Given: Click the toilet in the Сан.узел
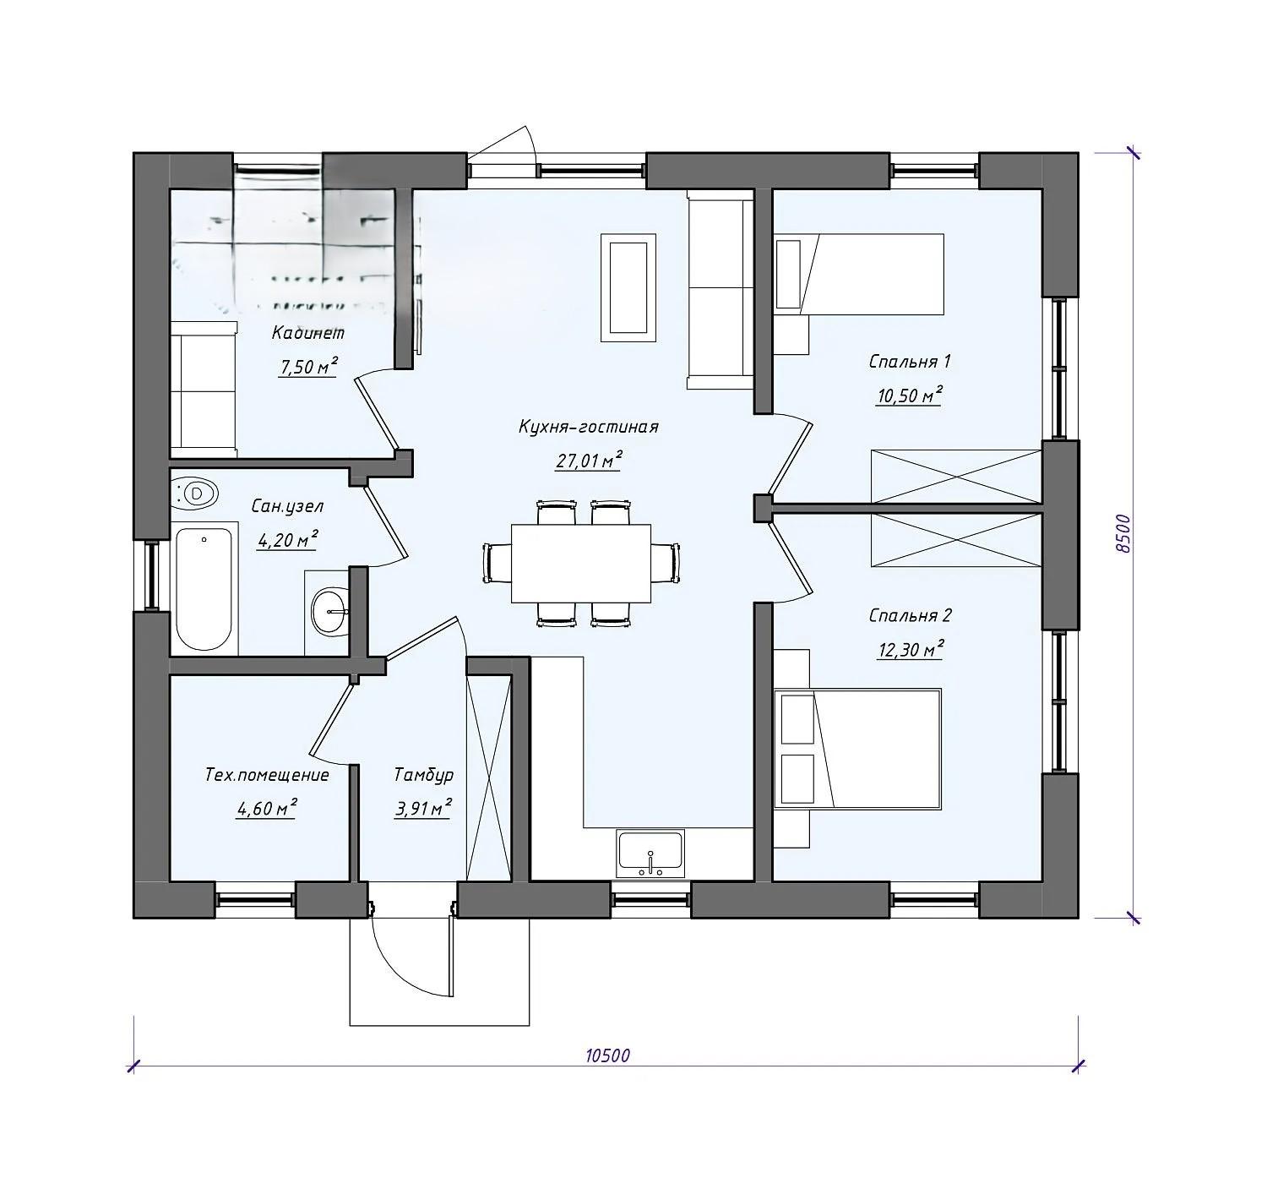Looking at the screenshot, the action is click(194, 494).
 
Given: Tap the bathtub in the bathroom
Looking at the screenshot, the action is click(204, 589).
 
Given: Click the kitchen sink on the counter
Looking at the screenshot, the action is click(650, 854).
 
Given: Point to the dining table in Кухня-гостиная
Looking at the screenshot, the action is click(580, 563).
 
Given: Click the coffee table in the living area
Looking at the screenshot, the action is click(628, 287).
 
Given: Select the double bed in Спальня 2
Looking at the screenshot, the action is click(857, 748).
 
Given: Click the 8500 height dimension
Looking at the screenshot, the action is click(1123, 533).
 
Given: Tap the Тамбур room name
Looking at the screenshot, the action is click(423, 774).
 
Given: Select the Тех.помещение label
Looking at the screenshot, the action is click(267, 774).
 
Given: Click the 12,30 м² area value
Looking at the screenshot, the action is click(910, 649).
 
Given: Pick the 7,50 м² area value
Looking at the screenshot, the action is click(308, 366).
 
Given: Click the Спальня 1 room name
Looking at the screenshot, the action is click(910, 361).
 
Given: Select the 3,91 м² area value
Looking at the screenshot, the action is click(423, 808).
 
